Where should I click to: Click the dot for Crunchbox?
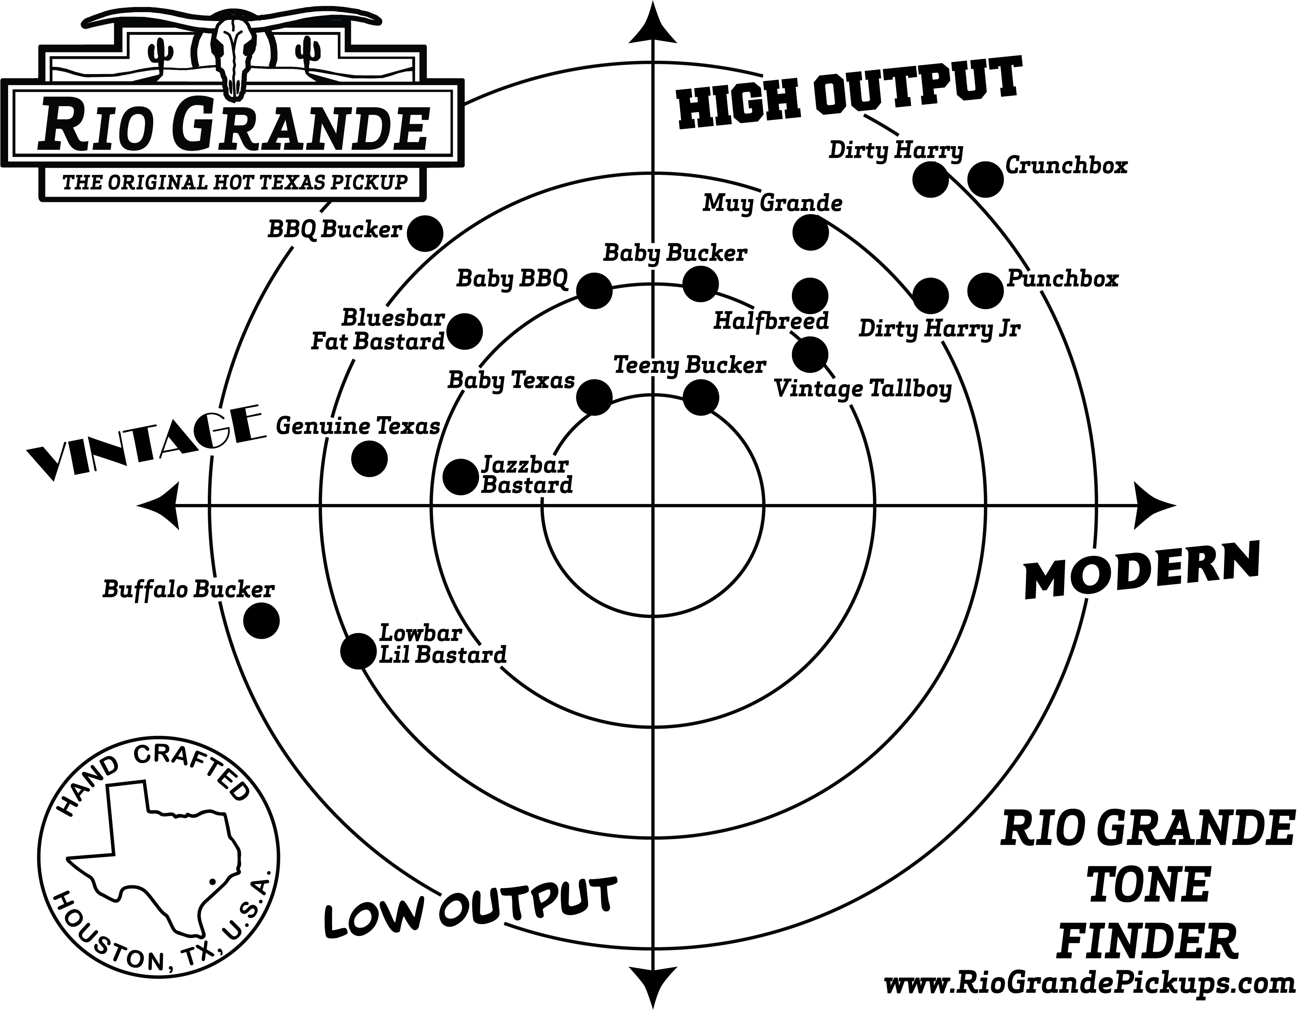pyautogui.click(x=985, y=179)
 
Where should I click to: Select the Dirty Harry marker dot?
pyautogui.click(x=930, y=179)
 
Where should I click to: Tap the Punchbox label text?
pyautogui.click(x=1063, y=279)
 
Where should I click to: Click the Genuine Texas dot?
pyautogui.click(x=369, y=459)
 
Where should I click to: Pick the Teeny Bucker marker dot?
pyautogui.click(x=701, y=397)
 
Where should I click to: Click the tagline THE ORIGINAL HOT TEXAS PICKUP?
pyautogui.click(x=235, y=182)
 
